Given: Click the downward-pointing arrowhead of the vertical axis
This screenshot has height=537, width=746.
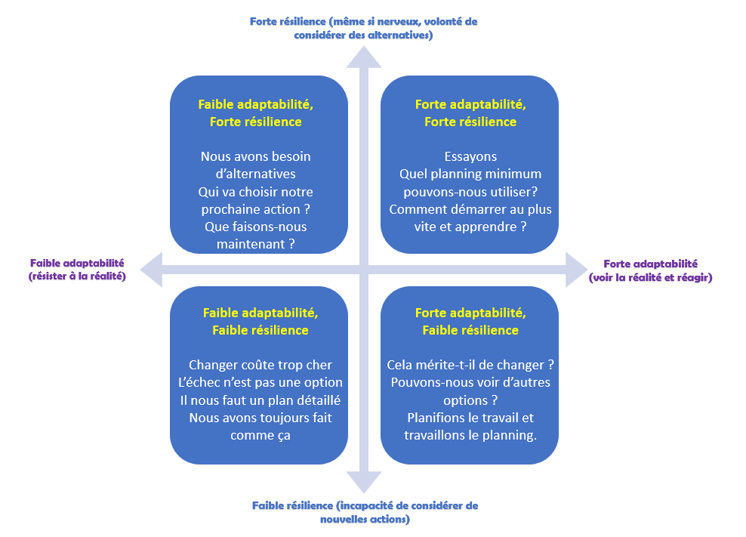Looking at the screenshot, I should coord(364,481).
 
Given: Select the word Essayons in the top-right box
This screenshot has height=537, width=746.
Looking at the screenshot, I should coord(470,156).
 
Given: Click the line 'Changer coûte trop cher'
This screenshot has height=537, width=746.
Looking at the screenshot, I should coord(260,365).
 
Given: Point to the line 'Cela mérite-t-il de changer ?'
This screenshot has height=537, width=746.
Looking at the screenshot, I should coord(470,365).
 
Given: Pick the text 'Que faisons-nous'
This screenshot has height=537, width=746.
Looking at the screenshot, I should coord(255,226).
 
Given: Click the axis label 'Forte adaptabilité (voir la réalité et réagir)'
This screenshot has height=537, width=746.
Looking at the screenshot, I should coord(650,270).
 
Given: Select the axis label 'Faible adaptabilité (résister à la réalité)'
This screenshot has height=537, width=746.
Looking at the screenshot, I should coord(77,270).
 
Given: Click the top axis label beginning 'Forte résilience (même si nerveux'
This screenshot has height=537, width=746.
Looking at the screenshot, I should coord(363,28).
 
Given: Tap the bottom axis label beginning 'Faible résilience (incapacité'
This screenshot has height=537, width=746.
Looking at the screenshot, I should coord(365,512).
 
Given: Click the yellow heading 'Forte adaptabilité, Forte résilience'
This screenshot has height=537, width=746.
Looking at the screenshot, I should coord(470,113).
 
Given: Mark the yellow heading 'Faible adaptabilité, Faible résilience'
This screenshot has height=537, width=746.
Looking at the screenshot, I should coord(260,321).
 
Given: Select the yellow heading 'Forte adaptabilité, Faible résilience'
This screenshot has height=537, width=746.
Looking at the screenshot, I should coord(470,321).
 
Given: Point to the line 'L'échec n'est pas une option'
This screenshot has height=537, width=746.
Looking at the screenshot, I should coord(260,382).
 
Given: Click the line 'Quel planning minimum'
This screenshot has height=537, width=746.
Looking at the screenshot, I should coord(470,174).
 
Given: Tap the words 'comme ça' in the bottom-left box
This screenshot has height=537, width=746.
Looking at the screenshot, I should coord(260,435).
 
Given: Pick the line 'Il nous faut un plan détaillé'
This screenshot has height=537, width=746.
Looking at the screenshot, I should coord(260,400).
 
